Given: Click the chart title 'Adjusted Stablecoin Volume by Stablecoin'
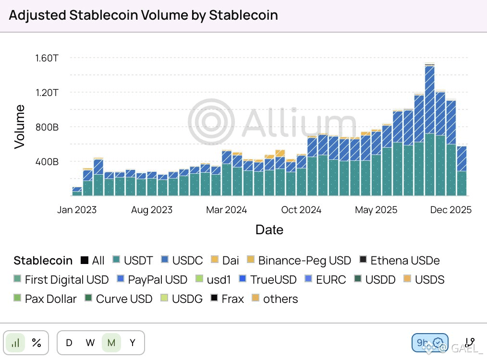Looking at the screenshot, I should click(143, 15).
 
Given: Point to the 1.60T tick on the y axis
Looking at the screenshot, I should click(47, 58).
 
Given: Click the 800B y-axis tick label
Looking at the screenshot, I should click(46, 127).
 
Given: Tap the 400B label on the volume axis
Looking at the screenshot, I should click(46, 162).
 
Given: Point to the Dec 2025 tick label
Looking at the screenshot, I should click(450, 210).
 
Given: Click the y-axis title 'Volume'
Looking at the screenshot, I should click(19, 127).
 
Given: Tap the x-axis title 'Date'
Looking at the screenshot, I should click(269, 229).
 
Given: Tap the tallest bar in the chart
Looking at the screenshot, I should click(430, 130).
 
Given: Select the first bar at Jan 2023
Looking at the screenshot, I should click(77, 192).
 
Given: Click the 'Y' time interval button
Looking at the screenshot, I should click(133, 343).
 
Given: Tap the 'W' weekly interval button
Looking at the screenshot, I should click(90, 343).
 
